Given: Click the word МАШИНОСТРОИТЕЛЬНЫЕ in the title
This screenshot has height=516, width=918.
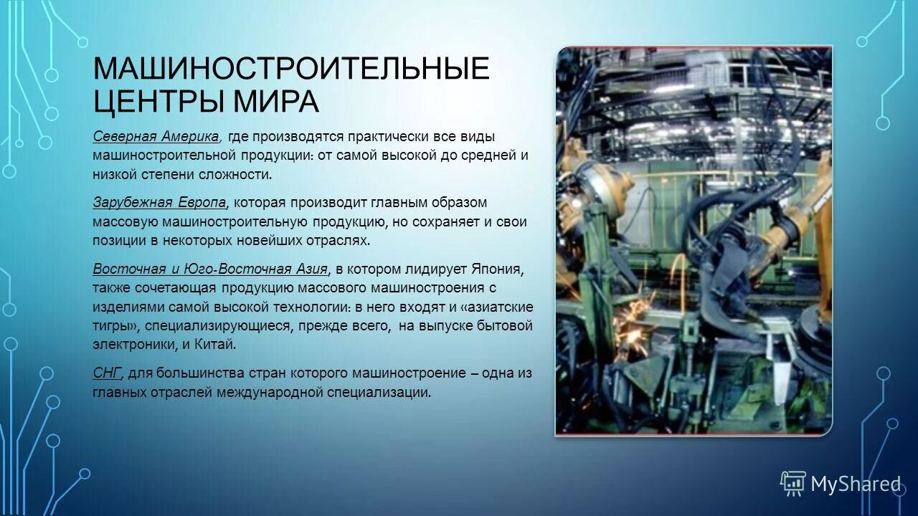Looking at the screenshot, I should (x=290, y=70).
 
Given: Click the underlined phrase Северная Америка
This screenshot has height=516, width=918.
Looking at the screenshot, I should (x=156, y=136).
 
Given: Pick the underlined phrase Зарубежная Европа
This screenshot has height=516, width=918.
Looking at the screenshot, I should (x=159, y=202).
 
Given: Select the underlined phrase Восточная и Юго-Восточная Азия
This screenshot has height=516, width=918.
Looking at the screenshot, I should (x=210, y=269).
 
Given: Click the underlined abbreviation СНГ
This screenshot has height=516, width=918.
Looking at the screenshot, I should (x=108, y=373).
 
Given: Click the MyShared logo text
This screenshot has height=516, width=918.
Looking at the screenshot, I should (x=856, y=484).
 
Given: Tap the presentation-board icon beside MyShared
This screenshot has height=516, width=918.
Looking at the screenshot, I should (x=793, y=484).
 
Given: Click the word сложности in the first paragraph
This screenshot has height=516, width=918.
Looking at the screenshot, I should (x=237, y=174).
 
